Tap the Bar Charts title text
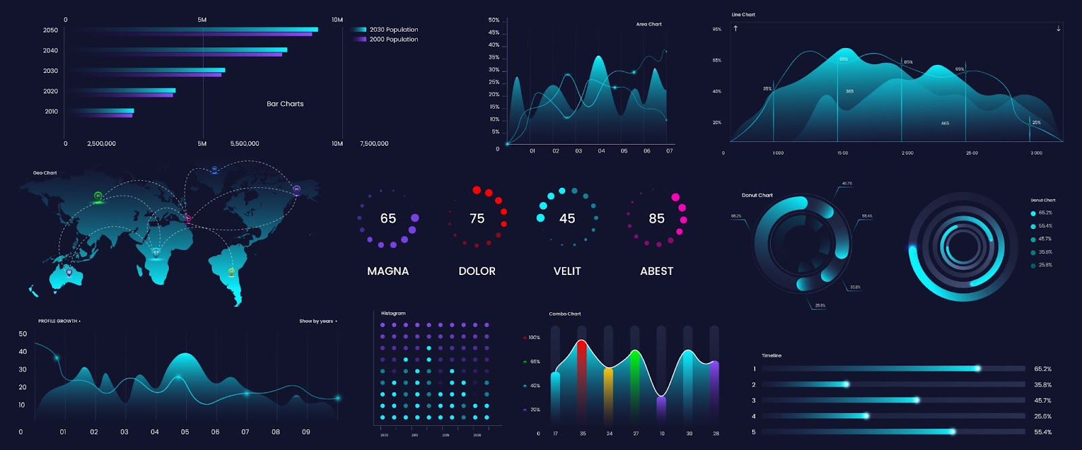(285, 104)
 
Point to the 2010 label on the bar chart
(51, 111)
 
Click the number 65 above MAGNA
(388, 218)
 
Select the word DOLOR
(477, 271)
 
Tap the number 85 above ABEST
(657, 218)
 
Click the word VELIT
(567, 271)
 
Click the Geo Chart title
(45, 173)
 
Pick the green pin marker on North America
(98, 196)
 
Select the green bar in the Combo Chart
(635, 385)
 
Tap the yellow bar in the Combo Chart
(608, 395)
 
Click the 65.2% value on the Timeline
(1042, 369)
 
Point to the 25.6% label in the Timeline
(1042, 416)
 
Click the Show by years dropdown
(318, 321)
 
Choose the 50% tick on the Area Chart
(494, 20)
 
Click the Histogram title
(393, 314)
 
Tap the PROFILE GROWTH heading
(59, 321)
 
